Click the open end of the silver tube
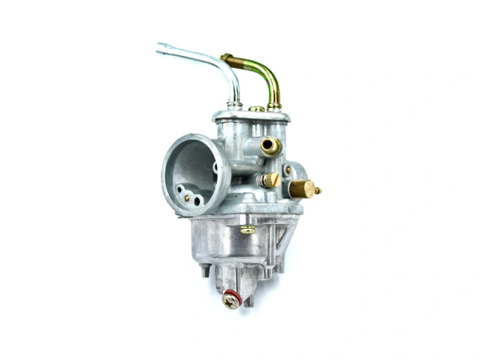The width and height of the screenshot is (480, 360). pyautogui.click(x=161, y=49)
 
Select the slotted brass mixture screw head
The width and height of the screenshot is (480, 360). pyautogui.click(x=271, y=180)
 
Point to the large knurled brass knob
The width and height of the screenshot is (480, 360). pyautogui.click(x=302, y=189)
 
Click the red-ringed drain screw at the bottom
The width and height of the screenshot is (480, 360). pyautogui.click(x=231, y=301)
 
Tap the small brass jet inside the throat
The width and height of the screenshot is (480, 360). pyautogui.click(x=187, y=198)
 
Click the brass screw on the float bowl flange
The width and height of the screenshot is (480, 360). pyautogui.click(x=248, y=229)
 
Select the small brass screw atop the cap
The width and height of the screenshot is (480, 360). pyautogui.click(x=255, y=109)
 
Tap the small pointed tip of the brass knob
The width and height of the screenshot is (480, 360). pyautogui.click(x=318, y=190)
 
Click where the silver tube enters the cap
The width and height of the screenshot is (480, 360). pyautogui.click(x=234, y=104)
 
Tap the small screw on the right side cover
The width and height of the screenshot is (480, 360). pyautogui.click(x=287, y=170)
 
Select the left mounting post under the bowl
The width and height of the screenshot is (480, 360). pyautogui.click(x=206, y=270)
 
